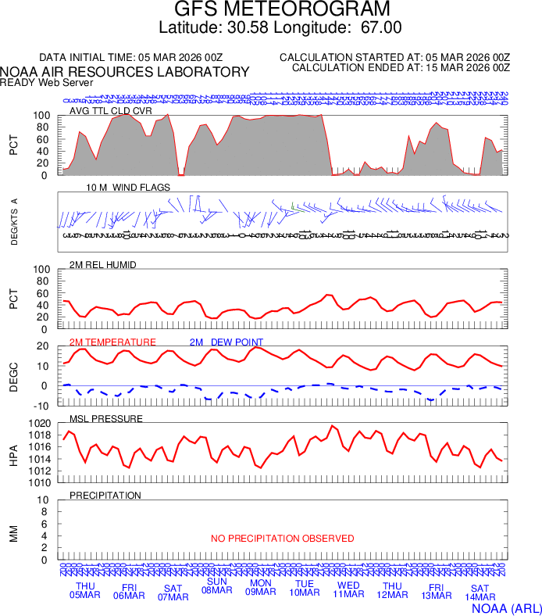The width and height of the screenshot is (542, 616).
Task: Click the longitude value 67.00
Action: point(381,27)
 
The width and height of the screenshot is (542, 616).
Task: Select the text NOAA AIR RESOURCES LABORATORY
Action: point(125,72)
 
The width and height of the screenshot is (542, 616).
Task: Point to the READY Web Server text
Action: point(47,82)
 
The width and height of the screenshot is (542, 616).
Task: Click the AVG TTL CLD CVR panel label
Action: point(110,111)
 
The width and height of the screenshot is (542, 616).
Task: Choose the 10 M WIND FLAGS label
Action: point(128,188)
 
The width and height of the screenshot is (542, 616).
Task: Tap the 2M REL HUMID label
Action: point(103,265)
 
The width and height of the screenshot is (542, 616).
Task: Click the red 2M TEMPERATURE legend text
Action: point(112,342)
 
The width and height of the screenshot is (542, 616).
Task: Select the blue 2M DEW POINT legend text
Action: point(226,342)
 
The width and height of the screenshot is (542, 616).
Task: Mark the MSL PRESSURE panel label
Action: point(106,419)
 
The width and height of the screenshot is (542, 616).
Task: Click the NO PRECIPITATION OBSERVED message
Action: point(283,539)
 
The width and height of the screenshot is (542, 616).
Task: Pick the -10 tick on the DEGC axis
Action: point(42,405)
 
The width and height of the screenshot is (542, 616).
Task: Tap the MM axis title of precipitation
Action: point(13,532)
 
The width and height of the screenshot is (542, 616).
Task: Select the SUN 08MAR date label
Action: point(216,586)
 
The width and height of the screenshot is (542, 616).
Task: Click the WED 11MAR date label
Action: point(348,590)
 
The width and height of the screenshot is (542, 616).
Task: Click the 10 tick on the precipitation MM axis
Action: point(44,500)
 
